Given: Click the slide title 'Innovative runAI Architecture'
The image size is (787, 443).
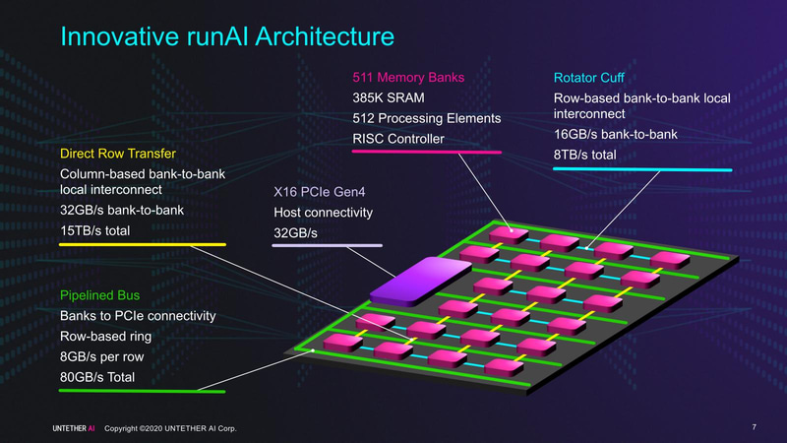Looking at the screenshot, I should coord(227,37).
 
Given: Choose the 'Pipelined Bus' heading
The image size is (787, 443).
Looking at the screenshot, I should coord(100,294).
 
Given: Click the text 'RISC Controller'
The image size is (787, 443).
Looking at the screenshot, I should coord(397,139).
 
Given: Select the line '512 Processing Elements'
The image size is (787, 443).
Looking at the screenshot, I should coord(427,118).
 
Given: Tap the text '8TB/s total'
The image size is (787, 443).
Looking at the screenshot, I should coord(591,154).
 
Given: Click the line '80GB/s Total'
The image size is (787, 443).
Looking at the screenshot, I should coord(96,377).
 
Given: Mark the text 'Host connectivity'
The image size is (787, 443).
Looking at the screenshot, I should coord(323,212).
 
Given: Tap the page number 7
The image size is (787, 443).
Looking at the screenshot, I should coord(753,427).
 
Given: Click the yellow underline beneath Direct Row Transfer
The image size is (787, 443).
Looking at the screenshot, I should coord(144,244).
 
